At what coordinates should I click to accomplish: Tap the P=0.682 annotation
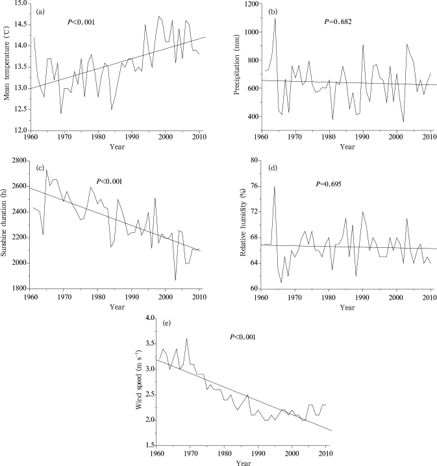coord(337,22)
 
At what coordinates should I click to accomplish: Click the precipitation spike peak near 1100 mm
coord(275,19)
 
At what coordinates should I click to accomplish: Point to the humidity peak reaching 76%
coord(275,186)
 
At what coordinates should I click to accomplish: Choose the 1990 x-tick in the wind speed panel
coord(258,454)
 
